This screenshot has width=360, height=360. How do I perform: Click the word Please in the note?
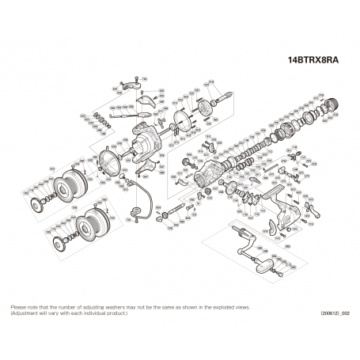click(19, 306)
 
